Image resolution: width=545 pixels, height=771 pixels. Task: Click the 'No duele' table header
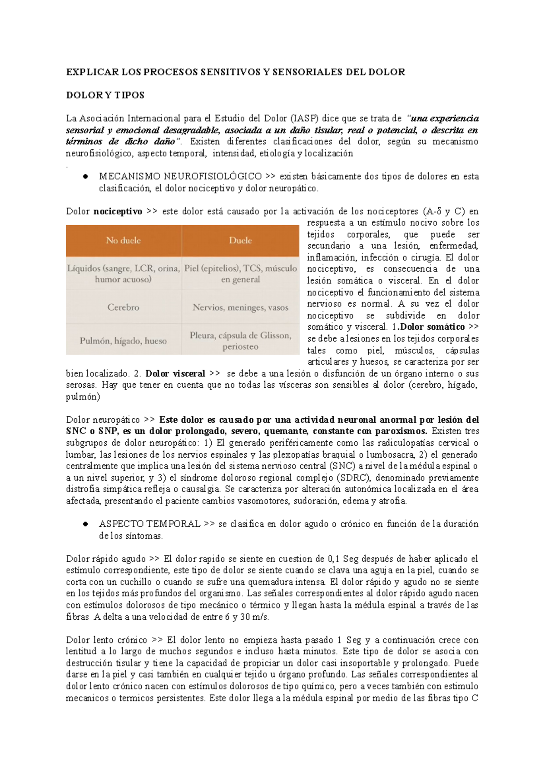point(123,241)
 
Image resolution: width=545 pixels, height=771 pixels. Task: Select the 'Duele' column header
point(240,241)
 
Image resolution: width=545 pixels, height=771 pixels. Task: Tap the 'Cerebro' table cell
point(123,307)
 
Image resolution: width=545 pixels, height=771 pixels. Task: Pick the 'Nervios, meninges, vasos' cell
point(240,307)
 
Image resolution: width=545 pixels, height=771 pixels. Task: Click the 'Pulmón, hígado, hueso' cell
point(123,341)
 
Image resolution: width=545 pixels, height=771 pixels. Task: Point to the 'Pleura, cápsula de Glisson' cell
point(240,341)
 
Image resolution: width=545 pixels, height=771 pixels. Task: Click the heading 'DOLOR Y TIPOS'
point(105,95)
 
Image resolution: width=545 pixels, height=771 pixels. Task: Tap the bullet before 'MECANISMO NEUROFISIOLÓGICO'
point(85,177)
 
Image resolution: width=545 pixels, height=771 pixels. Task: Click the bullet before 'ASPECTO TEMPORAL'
point(85,524)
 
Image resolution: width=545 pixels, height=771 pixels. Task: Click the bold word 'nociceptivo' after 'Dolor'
point(118,212)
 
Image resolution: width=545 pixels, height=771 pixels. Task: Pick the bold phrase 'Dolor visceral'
point(175,374)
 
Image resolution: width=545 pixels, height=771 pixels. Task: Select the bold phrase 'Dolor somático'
point(432,327)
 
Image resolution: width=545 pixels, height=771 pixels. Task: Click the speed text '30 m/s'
point(257,617)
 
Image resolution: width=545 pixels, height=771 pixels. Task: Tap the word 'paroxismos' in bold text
point(403,431)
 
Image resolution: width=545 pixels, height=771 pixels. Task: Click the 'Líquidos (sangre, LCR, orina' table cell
point(123,273)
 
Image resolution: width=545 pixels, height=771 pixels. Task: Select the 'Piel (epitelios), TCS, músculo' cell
point(240,273)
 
